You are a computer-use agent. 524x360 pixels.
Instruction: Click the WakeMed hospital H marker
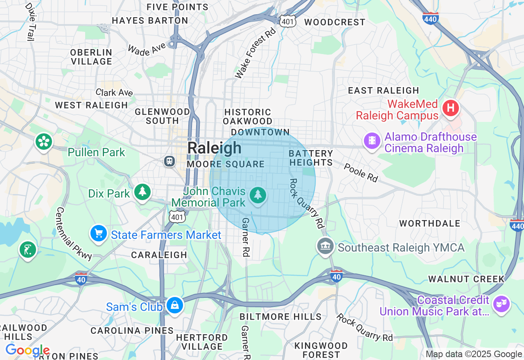451,108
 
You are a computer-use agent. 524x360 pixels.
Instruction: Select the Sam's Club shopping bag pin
175,306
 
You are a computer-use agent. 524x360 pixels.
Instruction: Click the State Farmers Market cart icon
99,234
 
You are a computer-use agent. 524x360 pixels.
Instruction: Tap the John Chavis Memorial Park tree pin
257,195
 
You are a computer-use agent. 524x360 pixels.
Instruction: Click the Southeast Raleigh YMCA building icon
325,246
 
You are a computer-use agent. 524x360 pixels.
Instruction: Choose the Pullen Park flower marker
44,142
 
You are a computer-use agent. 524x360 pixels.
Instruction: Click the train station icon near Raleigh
169,161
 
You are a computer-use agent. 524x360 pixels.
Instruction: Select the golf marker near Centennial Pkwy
27,250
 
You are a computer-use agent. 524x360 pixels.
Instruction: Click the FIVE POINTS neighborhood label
178,7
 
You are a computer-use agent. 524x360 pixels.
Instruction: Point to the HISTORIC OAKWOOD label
248,117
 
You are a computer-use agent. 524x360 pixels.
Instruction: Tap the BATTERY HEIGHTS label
311,158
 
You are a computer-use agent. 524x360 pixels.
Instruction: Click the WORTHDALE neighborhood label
430,223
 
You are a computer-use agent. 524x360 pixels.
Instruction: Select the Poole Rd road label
361,172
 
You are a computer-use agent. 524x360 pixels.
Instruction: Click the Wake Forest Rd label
256,54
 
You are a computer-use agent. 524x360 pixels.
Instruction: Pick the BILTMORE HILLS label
280,317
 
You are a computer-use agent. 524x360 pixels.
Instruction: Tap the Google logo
27,350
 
